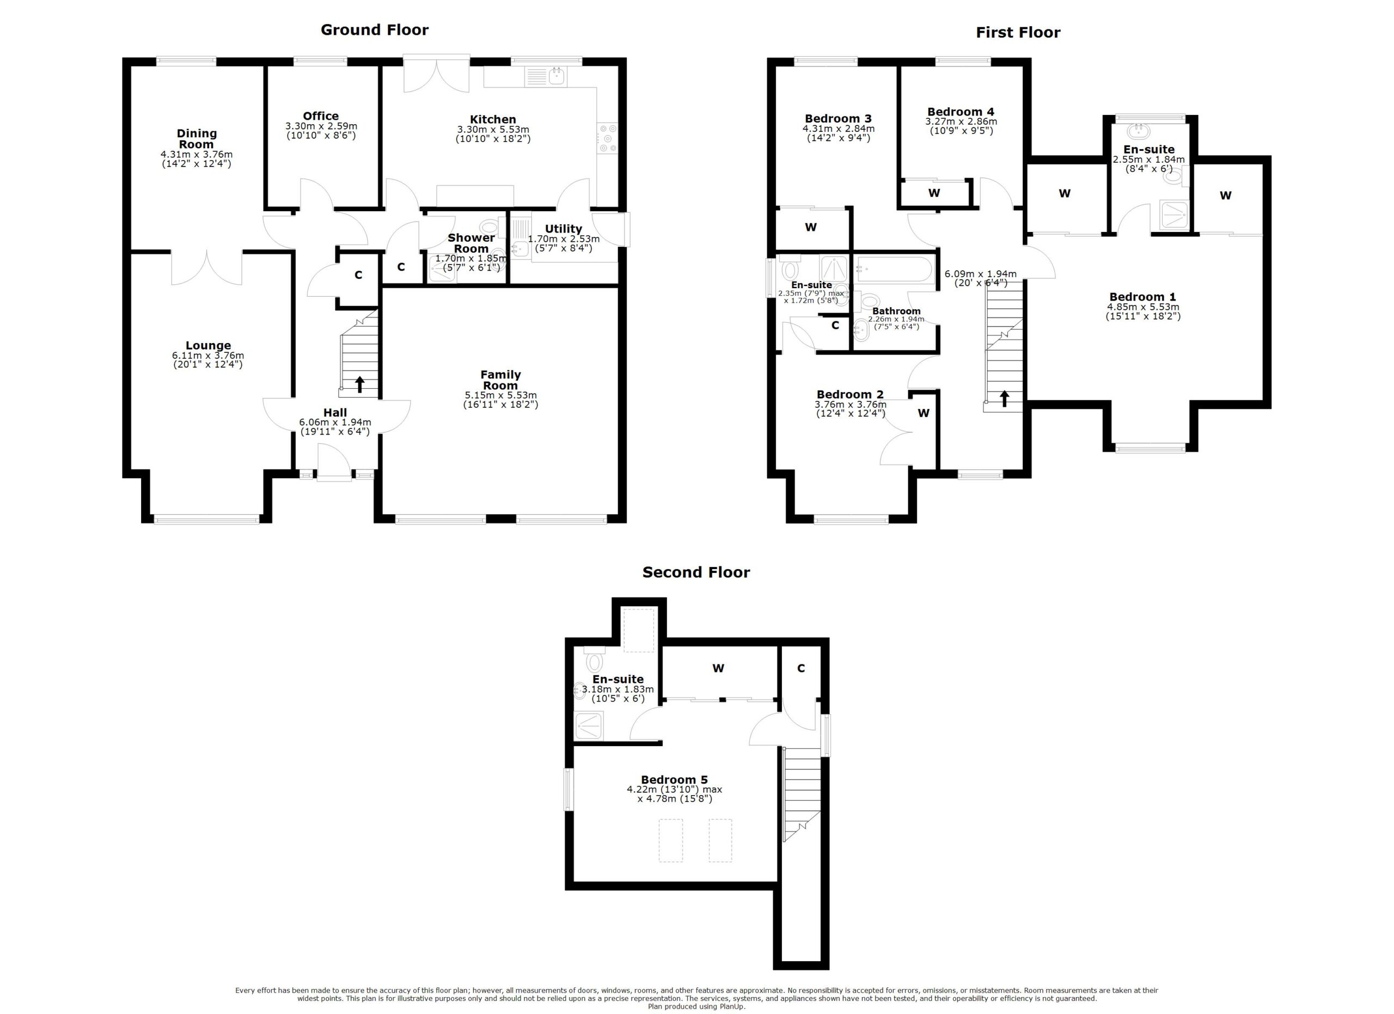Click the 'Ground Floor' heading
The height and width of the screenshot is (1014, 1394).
pos(374,29)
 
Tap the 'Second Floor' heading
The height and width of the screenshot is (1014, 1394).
pos(696,572)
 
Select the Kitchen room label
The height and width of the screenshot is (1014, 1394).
pos(492,119)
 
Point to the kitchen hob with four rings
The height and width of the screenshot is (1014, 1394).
pos(608,138)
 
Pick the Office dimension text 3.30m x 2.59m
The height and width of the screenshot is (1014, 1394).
pos(320,126)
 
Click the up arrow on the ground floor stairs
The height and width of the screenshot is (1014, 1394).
pos(359,384)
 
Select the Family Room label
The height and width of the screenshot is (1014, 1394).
pos(500,380)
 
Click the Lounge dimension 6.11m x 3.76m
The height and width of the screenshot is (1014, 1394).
pos(208,355)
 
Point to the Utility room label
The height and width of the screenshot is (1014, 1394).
pos(563,229)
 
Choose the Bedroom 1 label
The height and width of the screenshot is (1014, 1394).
pos(1142,297)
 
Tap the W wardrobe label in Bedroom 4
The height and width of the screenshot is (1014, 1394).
pos(934,193)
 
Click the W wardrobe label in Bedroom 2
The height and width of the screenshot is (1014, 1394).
pos(923,413)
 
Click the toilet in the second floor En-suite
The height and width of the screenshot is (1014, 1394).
pos(594,661)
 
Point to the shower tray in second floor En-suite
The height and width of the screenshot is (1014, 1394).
pos(589,726)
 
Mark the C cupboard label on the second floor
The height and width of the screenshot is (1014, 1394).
pos(800,668)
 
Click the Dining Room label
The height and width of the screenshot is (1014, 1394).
pos(197,139)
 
